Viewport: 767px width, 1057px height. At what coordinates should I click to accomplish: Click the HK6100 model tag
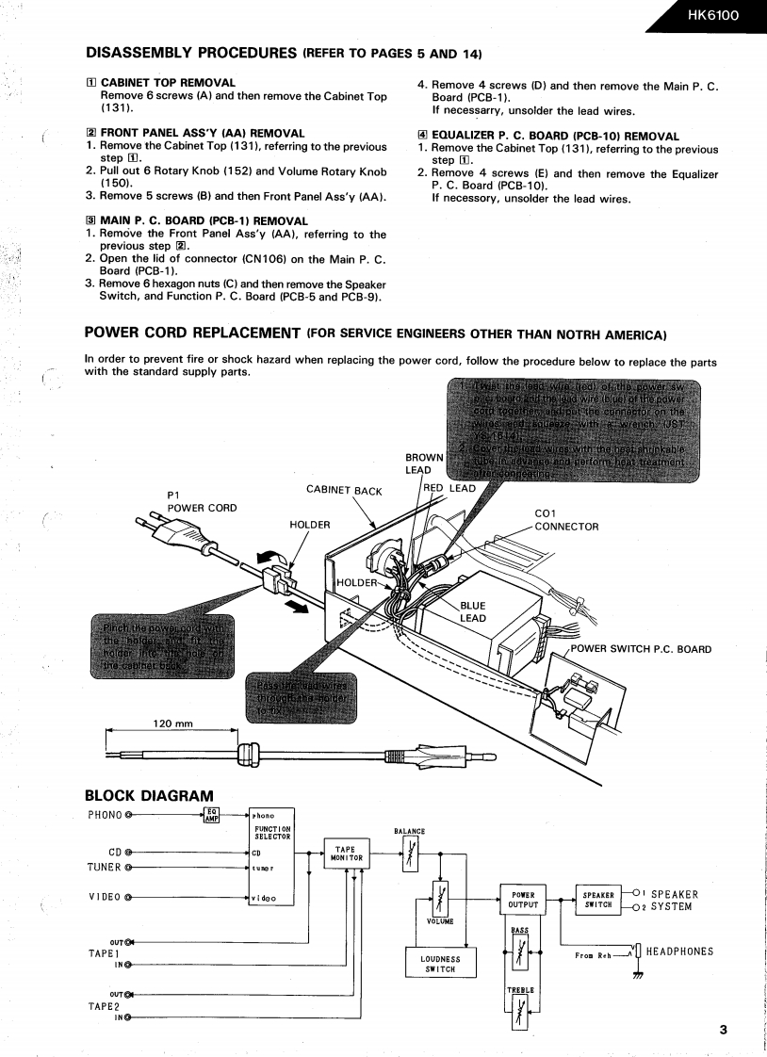[x=713, y=15]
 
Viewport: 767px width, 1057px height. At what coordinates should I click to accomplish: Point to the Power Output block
[x=523, y=900]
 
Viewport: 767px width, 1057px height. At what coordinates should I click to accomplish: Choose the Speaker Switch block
[x=598, y=900]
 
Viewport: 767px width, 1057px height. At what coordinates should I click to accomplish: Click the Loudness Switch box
[x=440, y=963]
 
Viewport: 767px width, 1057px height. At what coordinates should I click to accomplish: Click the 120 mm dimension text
[x=172, y=724]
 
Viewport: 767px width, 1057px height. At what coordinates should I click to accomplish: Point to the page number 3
[x=723, y=1030]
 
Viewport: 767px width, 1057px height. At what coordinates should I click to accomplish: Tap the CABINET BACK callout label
[x=344, y=490]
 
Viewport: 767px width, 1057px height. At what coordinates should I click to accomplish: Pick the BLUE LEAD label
[x=473, y=612]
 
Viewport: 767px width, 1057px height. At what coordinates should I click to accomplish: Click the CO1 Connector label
[x=565, y=520]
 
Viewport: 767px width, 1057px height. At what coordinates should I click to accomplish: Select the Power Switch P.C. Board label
[x=641, y=648]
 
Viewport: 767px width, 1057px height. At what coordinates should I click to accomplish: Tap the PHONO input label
[x=105, y=814]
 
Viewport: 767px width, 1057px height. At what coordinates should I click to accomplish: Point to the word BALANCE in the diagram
[x=409, y=831]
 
